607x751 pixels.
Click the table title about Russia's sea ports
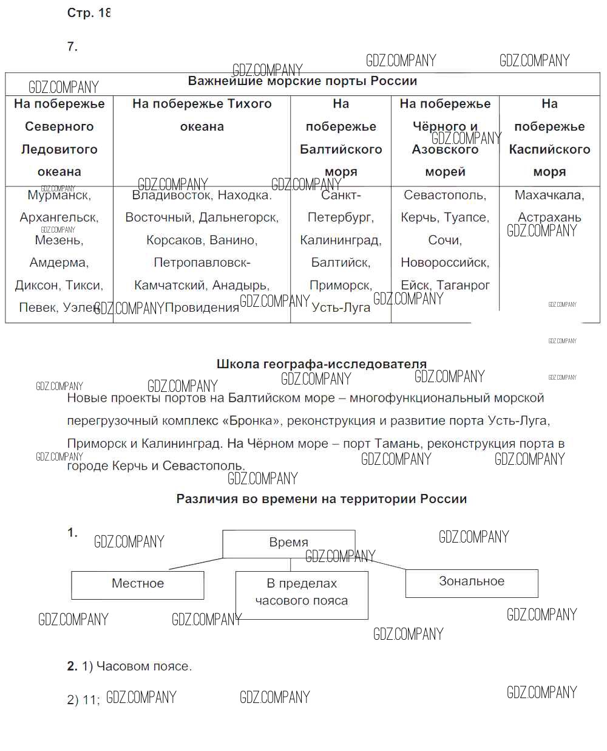pyautogui.click(x=302, y=81)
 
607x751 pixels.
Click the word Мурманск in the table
pyautogui.click(x=59, y=196)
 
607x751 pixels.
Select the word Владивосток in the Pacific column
pyautogui.click(x=171, y=196)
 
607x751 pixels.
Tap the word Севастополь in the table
pyautogui.click(x=445, y=195)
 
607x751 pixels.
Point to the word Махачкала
pyautogui.click(x=549, y=195)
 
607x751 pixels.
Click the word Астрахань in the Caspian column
pyautogui.click(x=549, y=217)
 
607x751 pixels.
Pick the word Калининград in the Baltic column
pyautogui.click(x=341, y=240)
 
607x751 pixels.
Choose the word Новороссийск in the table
pyautogui.click(x=445, y=262)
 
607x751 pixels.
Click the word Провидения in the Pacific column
pyautogui.click(x=202, y=307)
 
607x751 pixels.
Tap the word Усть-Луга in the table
pyautogui.click(x=341, y=307)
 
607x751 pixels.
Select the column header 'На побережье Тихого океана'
pyautogui.click(x=202, y=115)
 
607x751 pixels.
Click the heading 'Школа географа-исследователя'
pyautogui.click(x=322, y=364)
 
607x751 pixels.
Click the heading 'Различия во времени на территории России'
pyautogui.click(x=322, y=499)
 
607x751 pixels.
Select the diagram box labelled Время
pyautogui.click(x=288, y=543)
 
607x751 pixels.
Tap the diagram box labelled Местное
pyautogui.click(x=138, y=584)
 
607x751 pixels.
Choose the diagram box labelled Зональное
pyautogui.click(x=472, y=582)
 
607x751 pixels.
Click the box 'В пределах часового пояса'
pyautogui.click(x=302, y=592)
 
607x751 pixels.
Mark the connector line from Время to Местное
pyautogui.click(x=195, y=563)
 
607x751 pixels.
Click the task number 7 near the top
pyautogui.click(x=72, y=47)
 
